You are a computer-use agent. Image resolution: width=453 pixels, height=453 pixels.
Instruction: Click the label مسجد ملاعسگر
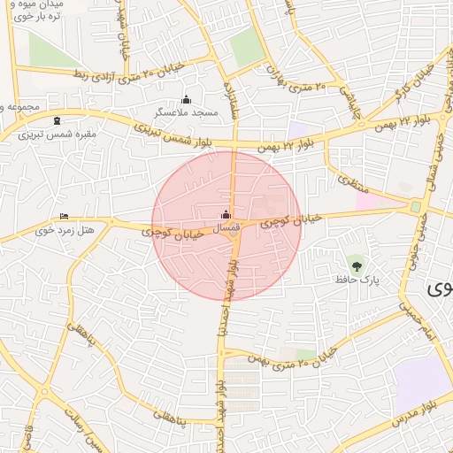coord(185,113)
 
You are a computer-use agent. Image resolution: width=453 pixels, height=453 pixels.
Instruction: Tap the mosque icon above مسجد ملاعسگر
coord(186,99)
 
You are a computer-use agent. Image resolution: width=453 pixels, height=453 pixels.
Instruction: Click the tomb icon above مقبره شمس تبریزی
coord(58,121)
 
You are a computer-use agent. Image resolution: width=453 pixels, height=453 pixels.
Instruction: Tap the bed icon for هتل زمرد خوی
coord(63,216)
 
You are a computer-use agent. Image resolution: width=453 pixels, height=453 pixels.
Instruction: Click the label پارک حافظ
coord(357,279)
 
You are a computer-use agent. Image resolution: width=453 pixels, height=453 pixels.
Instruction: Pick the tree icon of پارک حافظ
coord(357,265)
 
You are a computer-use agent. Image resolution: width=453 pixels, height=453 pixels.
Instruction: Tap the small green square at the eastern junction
coord(415,206)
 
